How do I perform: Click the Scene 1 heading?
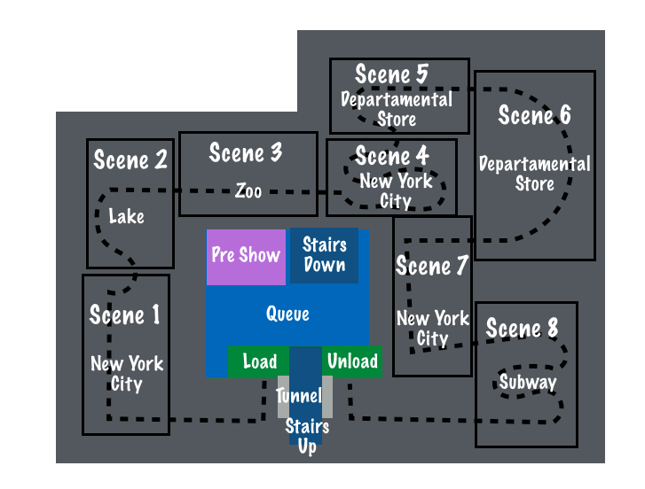pyautogui.click(x=125, y=315)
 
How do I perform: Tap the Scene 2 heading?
pyautogui.click(x=130, y=160)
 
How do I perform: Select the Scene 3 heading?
pyautogui.click(x=246, y=152)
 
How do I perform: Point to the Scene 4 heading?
pyautogui.click(x=392, y=157)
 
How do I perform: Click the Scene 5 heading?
pyautogui.click(x=392, y=75)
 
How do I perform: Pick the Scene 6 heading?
pyautogui.click(x=534, y=115)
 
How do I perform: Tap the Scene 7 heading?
pyautogui.click(x=432, y=266)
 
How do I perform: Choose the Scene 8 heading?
pyautogui.click(x=523, y=330)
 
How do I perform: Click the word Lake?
pyautogui.click(x=126, y=216)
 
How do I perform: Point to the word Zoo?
pyautogui.click(x=248, y=190)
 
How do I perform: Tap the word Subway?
pyautogui.click(x=527, y=383)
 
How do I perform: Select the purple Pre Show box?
pyautogui.click(x=246, y=256)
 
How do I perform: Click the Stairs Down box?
pyautogui.click(x=324, y=254)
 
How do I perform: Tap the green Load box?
pyautogui.click(x=259, y=361)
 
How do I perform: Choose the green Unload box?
pyautogui.click(x=352, y=361)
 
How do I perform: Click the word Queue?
pyautogui.click(x=287, y=314)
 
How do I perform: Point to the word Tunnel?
pyautogui.click(x=298, y=396)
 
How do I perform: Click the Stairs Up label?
pyautogui.click(x=307, y=437)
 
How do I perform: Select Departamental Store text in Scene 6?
pyautogui.click(x=535, y=174)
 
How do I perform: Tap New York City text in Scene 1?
pyautogui.click(x=126, y=374)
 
